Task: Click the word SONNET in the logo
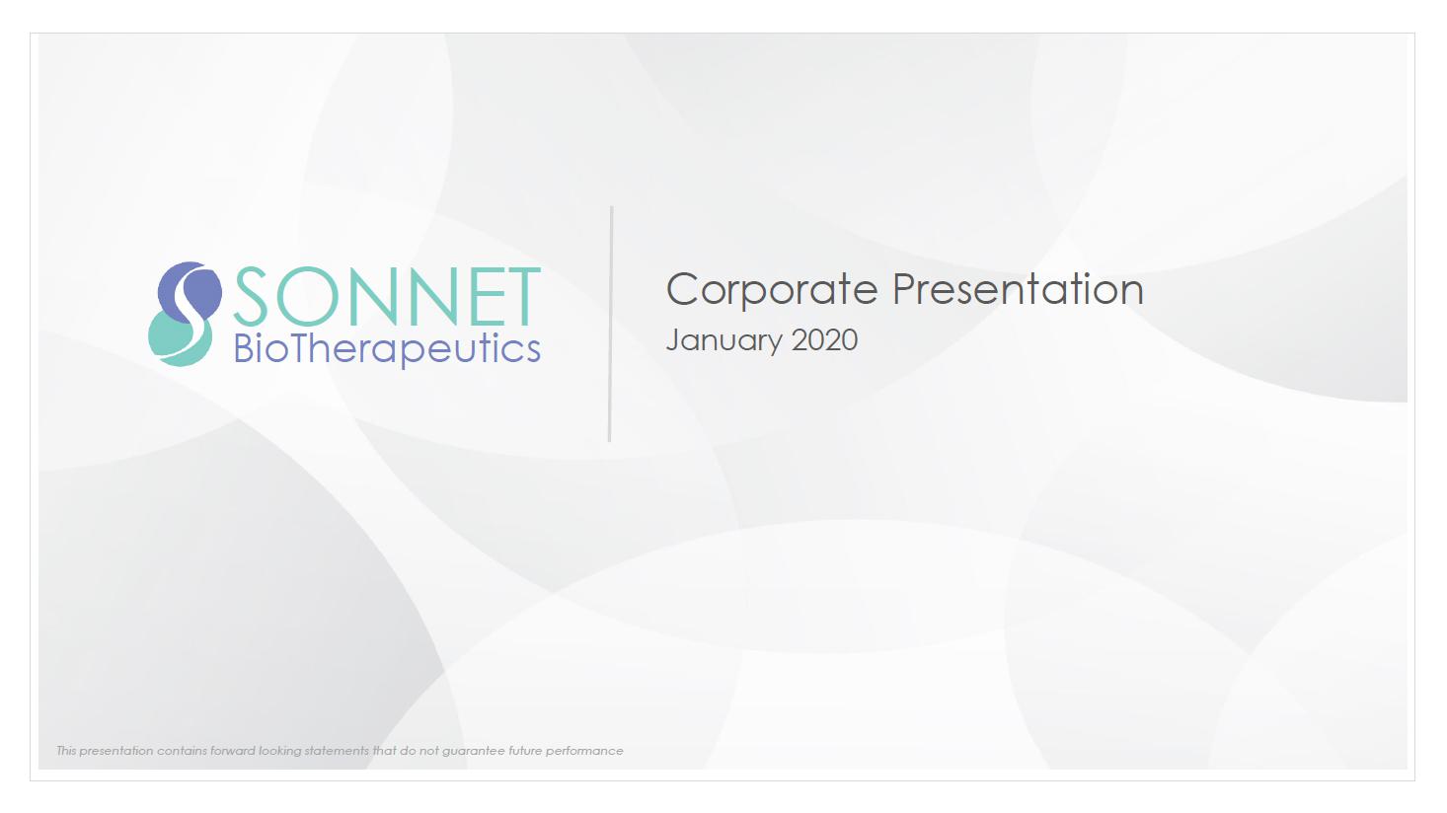[387, 296]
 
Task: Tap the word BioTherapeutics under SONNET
[387, 349]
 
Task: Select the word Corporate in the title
[772, 290]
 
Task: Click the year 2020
[825, 339]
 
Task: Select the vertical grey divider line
[610, 325]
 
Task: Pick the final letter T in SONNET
[517, 296]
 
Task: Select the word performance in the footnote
[584, 751]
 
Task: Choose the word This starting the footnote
[66, 751]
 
